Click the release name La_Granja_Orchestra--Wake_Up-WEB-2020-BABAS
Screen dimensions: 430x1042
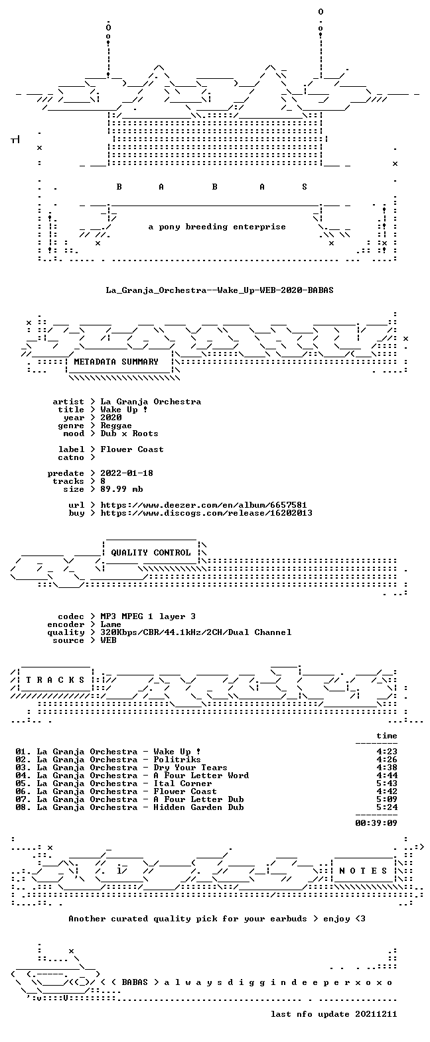click(x=220, y=290)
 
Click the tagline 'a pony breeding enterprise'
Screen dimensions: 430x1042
click(x=217, y=227)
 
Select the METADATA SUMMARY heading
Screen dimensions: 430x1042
click(x=116, y=361)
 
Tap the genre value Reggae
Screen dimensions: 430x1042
click(x=116, y=426)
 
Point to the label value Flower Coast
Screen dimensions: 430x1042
click(x=132, y=449)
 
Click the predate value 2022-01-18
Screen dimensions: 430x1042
click(x=127, y=473)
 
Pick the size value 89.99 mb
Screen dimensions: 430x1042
click(x=121, y=489)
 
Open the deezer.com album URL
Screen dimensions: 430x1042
click(x=204, y=505)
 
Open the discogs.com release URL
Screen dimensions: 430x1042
click(x=206, y=513)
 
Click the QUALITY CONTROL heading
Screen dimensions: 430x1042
click(x=151, y=553)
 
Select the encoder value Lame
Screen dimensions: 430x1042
click(x=111, y=624)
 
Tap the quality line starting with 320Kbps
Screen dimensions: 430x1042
click(x=196, y=632)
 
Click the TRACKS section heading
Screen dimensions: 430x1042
click(x=56, y=679)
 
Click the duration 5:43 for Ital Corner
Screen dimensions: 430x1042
click(x=387, y=783)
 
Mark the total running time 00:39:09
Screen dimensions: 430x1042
click(x=376, y=823)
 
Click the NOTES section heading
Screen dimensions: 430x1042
click(x=363, y=870)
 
